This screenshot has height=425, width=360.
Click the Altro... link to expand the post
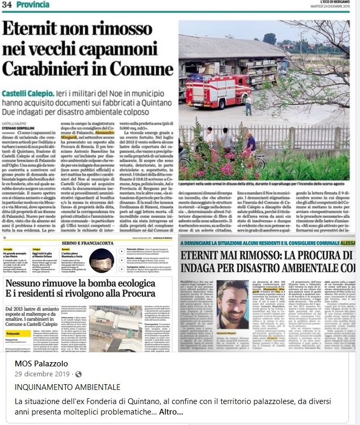pos(171,412)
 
